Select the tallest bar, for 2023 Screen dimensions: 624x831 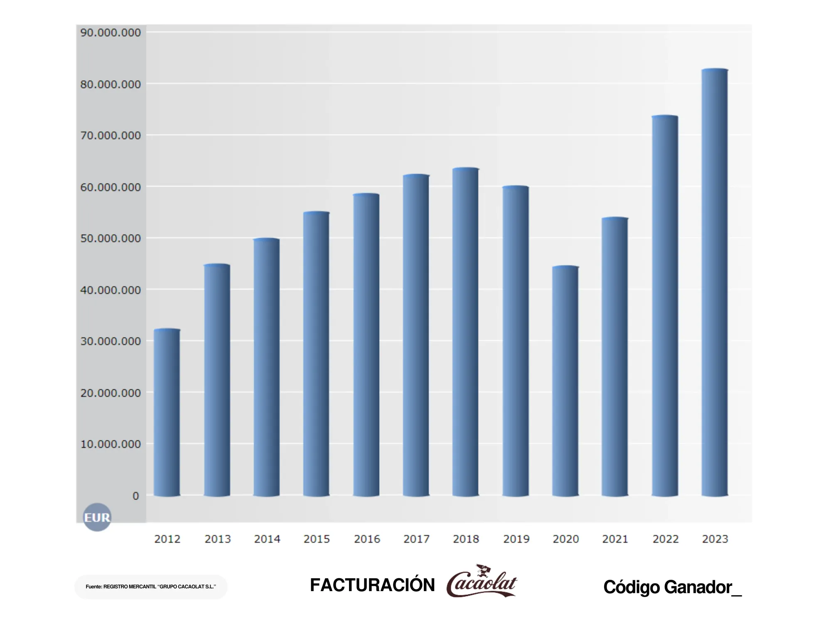click(x=715, y=283)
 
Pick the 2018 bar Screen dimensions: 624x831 click(x=465, y=333)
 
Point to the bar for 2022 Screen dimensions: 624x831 click(x=665, y=306)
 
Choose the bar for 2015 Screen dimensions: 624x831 click(x=316, y=354)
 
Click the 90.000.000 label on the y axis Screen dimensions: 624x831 click(x=111, y=32)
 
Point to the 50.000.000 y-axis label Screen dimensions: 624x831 click(x=111, y=238)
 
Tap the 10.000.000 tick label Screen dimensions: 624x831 click(x=111, y=444)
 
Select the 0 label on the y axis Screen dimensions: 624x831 click(x=135, y=496)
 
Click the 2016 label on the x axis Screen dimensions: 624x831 click(x=367, y=539)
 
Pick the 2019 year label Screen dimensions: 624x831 click(x=516, y=539)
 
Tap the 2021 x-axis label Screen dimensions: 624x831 click(x=615, y=539)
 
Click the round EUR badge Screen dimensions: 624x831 click(x=97, y=518)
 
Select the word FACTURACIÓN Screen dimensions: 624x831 click(x=372, y=585)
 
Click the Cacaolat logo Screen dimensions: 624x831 click(x=482, y=581)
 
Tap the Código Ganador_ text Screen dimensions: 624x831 click(x=672, y=587)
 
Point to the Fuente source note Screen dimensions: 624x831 click(x=151, y=587)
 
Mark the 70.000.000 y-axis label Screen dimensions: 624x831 click(x=111, y=136)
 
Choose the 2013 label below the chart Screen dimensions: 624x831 click(x=217, y=539)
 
